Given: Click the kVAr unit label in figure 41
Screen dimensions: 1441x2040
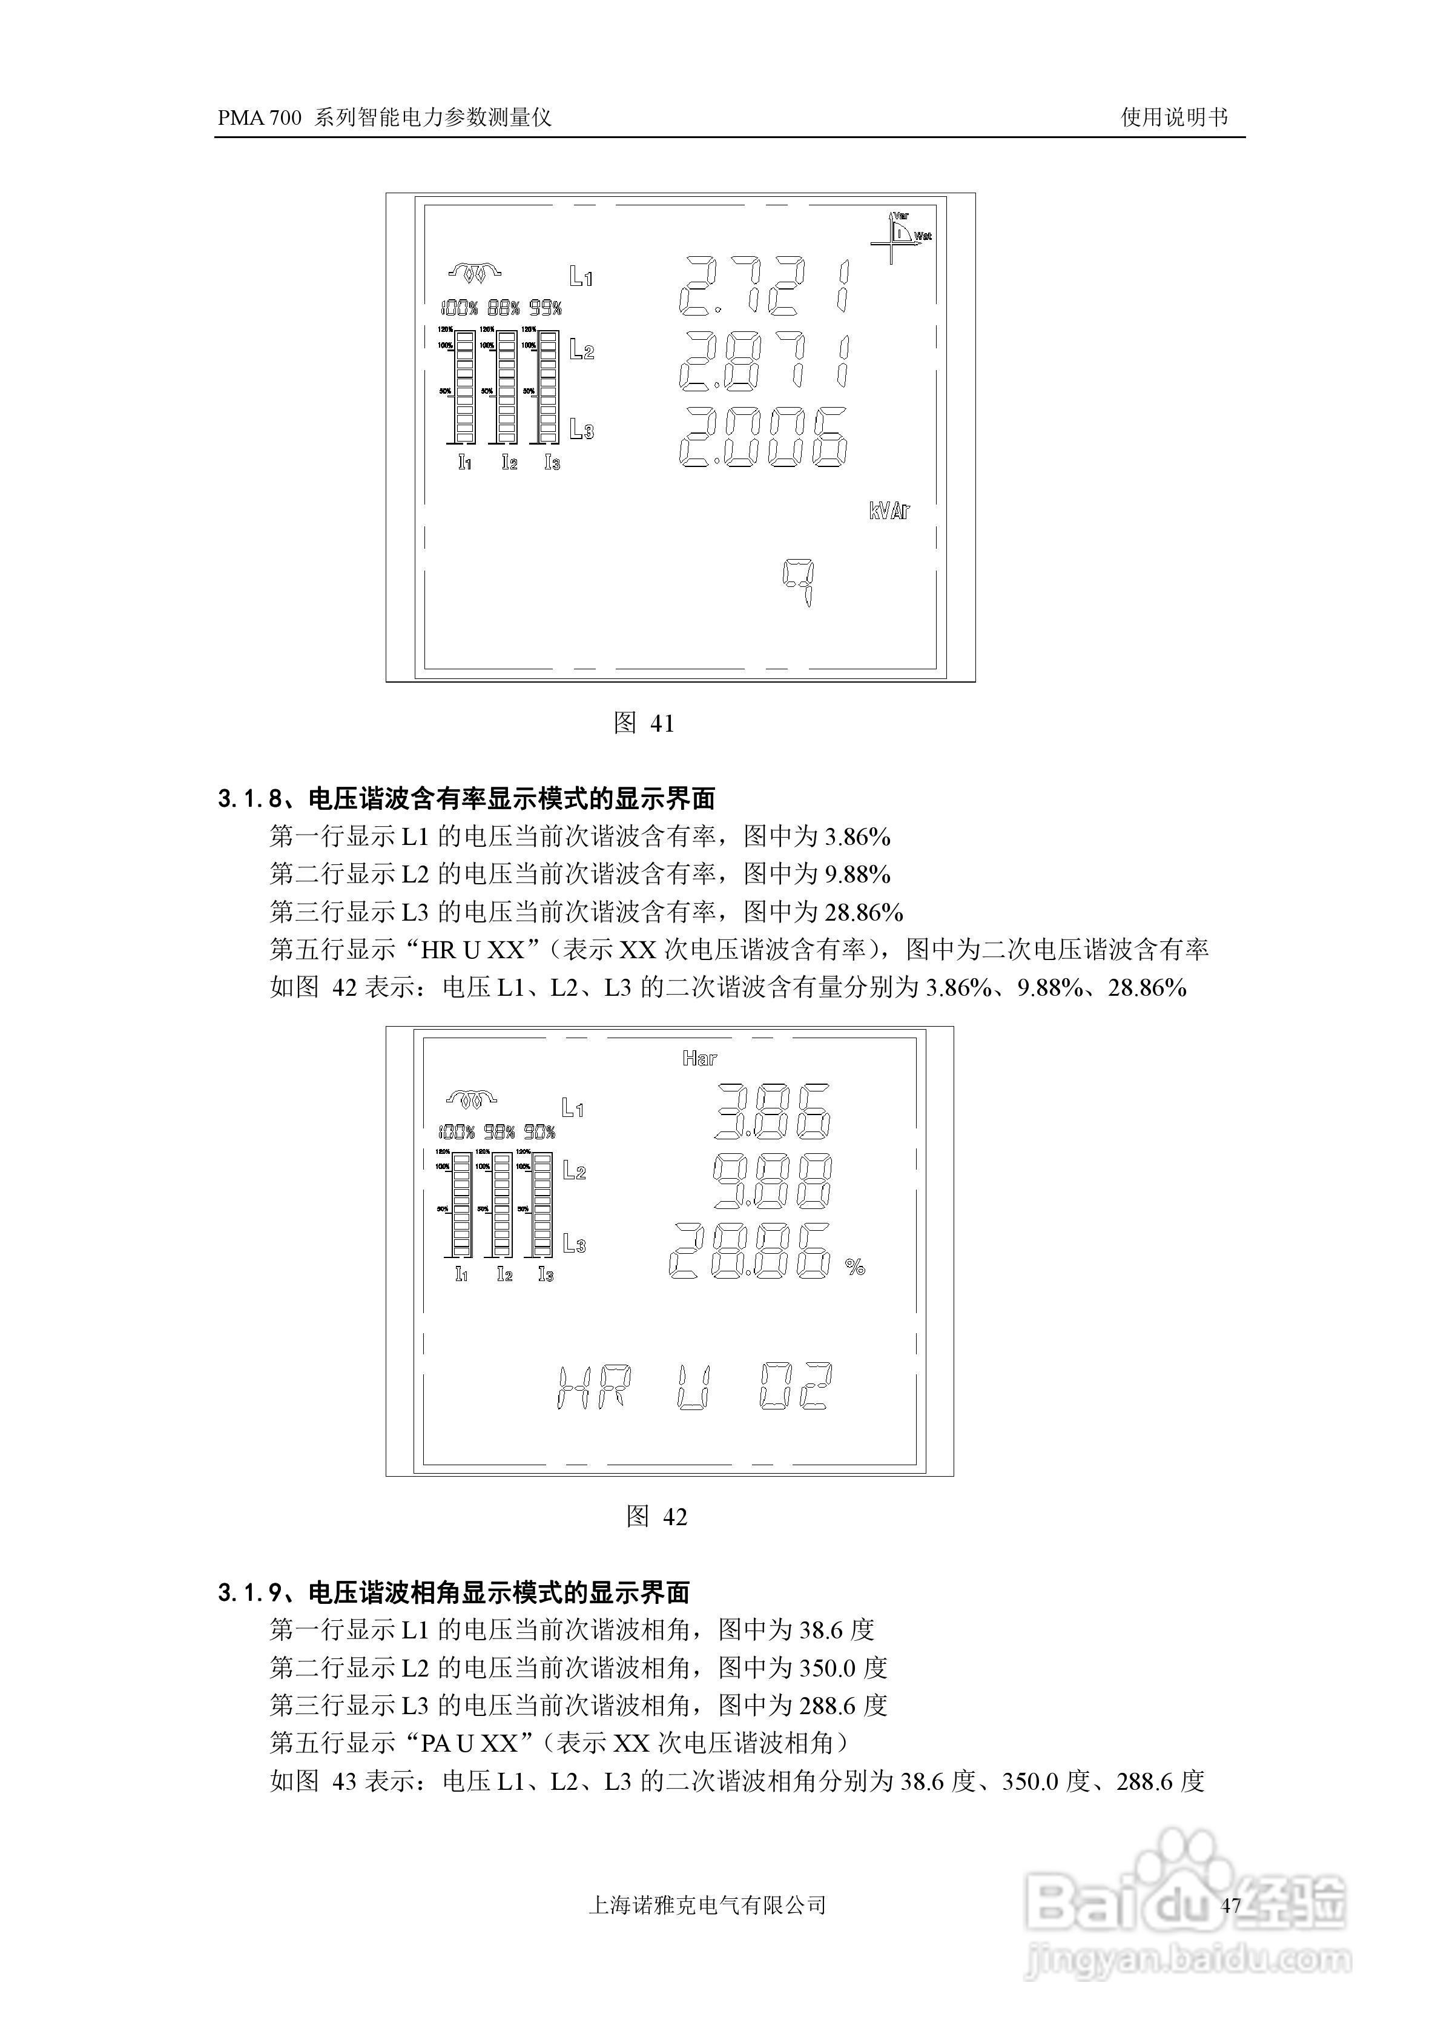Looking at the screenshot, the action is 888,511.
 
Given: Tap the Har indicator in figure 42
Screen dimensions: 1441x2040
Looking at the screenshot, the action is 699,1058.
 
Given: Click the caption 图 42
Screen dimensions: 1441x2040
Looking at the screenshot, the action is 656,1517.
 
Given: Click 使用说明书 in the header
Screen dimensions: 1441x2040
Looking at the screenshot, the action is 1173,118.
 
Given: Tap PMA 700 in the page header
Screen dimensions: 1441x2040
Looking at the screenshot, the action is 259,118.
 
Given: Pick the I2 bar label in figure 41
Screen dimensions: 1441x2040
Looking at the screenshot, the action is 509,462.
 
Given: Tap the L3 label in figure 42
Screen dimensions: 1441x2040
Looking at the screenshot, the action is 574,1244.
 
